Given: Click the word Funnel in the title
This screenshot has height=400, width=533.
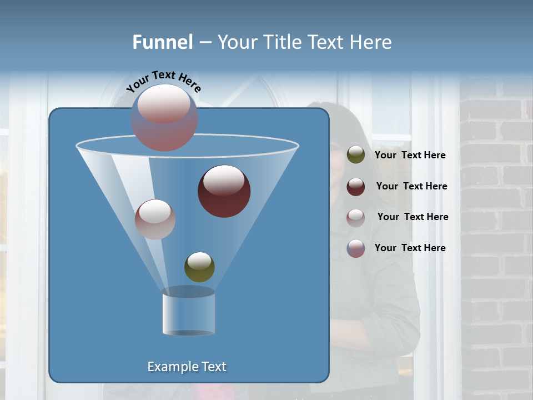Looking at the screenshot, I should point(163,42).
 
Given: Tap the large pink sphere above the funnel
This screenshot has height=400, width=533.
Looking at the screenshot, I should point(164,117).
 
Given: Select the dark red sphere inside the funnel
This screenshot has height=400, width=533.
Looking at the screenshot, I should point(224,191).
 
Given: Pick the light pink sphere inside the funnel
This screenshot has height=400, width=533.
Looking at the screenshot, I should point(155,219).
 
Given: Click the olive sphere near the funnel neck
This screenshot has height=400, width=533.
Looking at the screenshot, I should point(199,267).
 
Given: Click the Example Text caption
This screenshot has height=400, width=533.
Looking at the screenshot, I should point(187,367).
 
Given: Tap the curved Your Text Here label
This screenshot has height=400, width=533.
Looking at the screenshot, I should point(164,82).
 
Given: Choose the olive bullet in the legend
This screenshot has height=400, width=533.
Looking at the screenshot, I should point(356,155).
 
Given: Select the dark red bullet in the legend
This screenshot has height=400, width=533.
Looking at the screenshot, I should point(356,187).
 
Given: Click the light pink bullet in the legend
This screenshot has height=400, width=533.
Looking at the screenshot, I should point(356,217).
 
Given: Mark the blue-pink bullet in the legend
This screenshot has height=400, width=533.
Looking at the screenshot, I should point(356,248).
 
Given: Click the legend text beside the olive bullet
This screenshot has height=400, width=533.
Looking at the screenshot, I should point(410,156).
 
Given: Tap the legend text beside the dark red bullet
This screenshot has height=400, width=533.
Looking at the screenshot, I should point(411,186).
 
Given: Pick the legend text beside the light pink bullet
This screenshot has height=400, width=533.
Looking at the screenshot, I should point(413,217).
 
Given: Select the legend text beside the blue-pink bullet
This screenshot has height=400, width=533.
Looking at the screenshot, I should point(410,248).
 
